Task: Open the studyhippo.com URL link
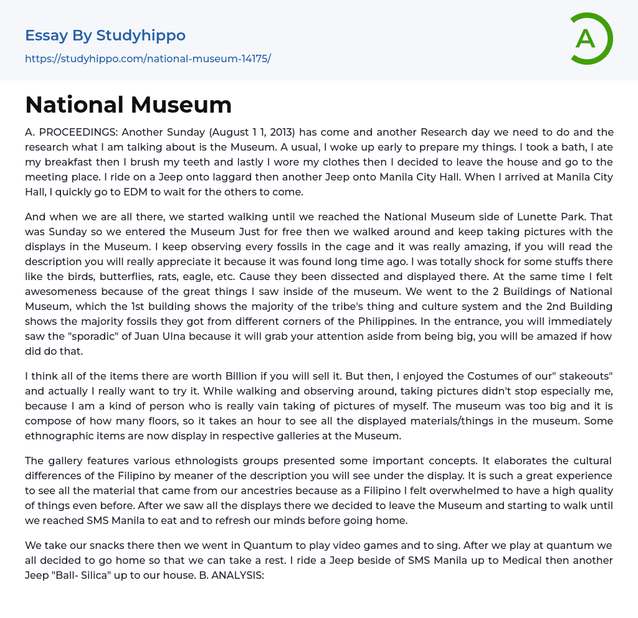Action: (x=148, y=59)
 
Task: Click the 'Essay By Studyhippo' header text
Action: (x=105, y=35)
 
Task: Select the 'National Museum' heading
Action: (x=128, y=105)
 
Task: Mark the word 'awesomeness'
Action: (x=61, y=291)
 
